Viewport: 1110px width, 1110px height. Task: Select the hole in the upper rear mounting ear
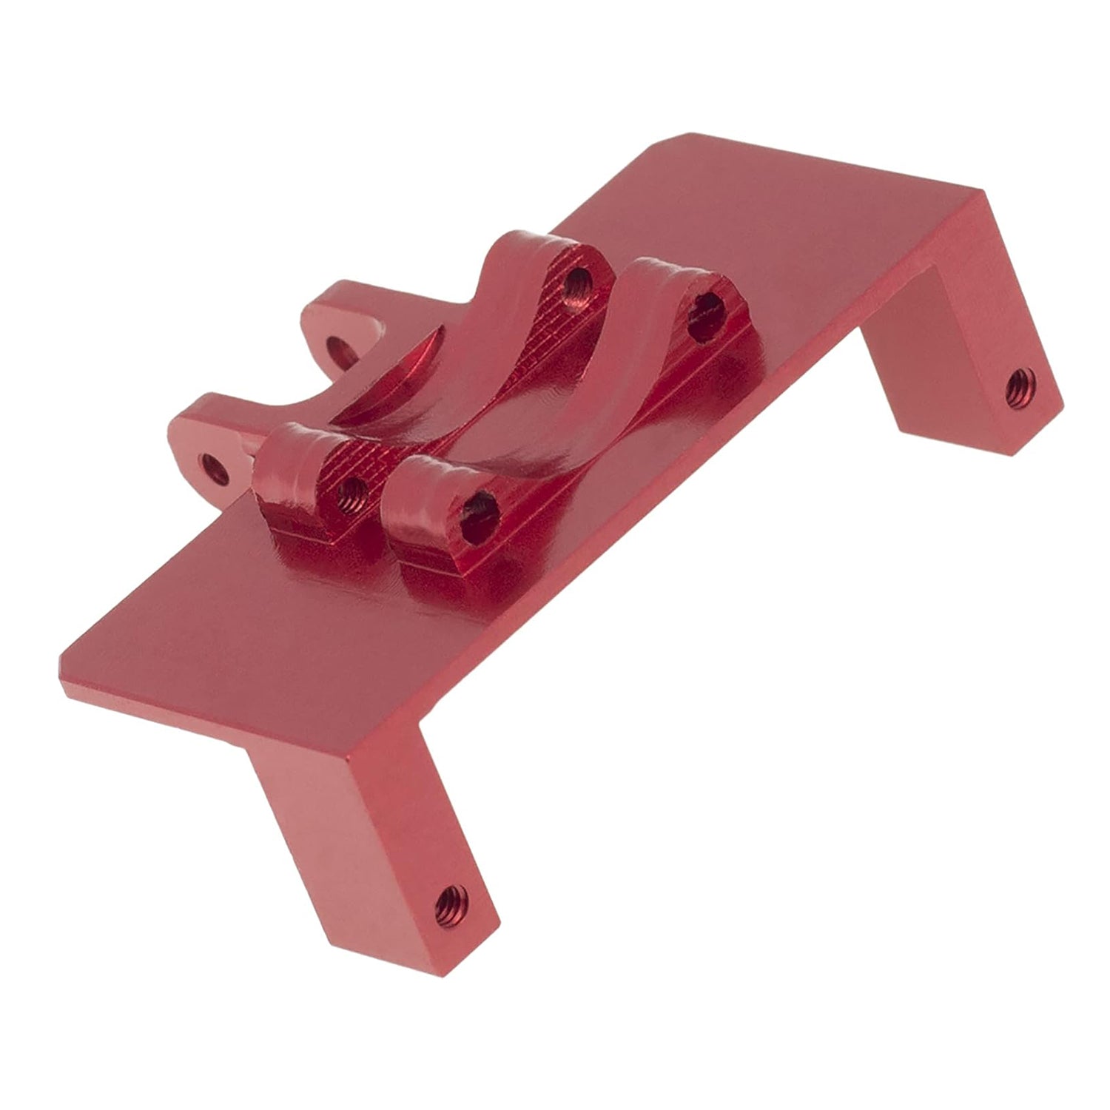point(337,345)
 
